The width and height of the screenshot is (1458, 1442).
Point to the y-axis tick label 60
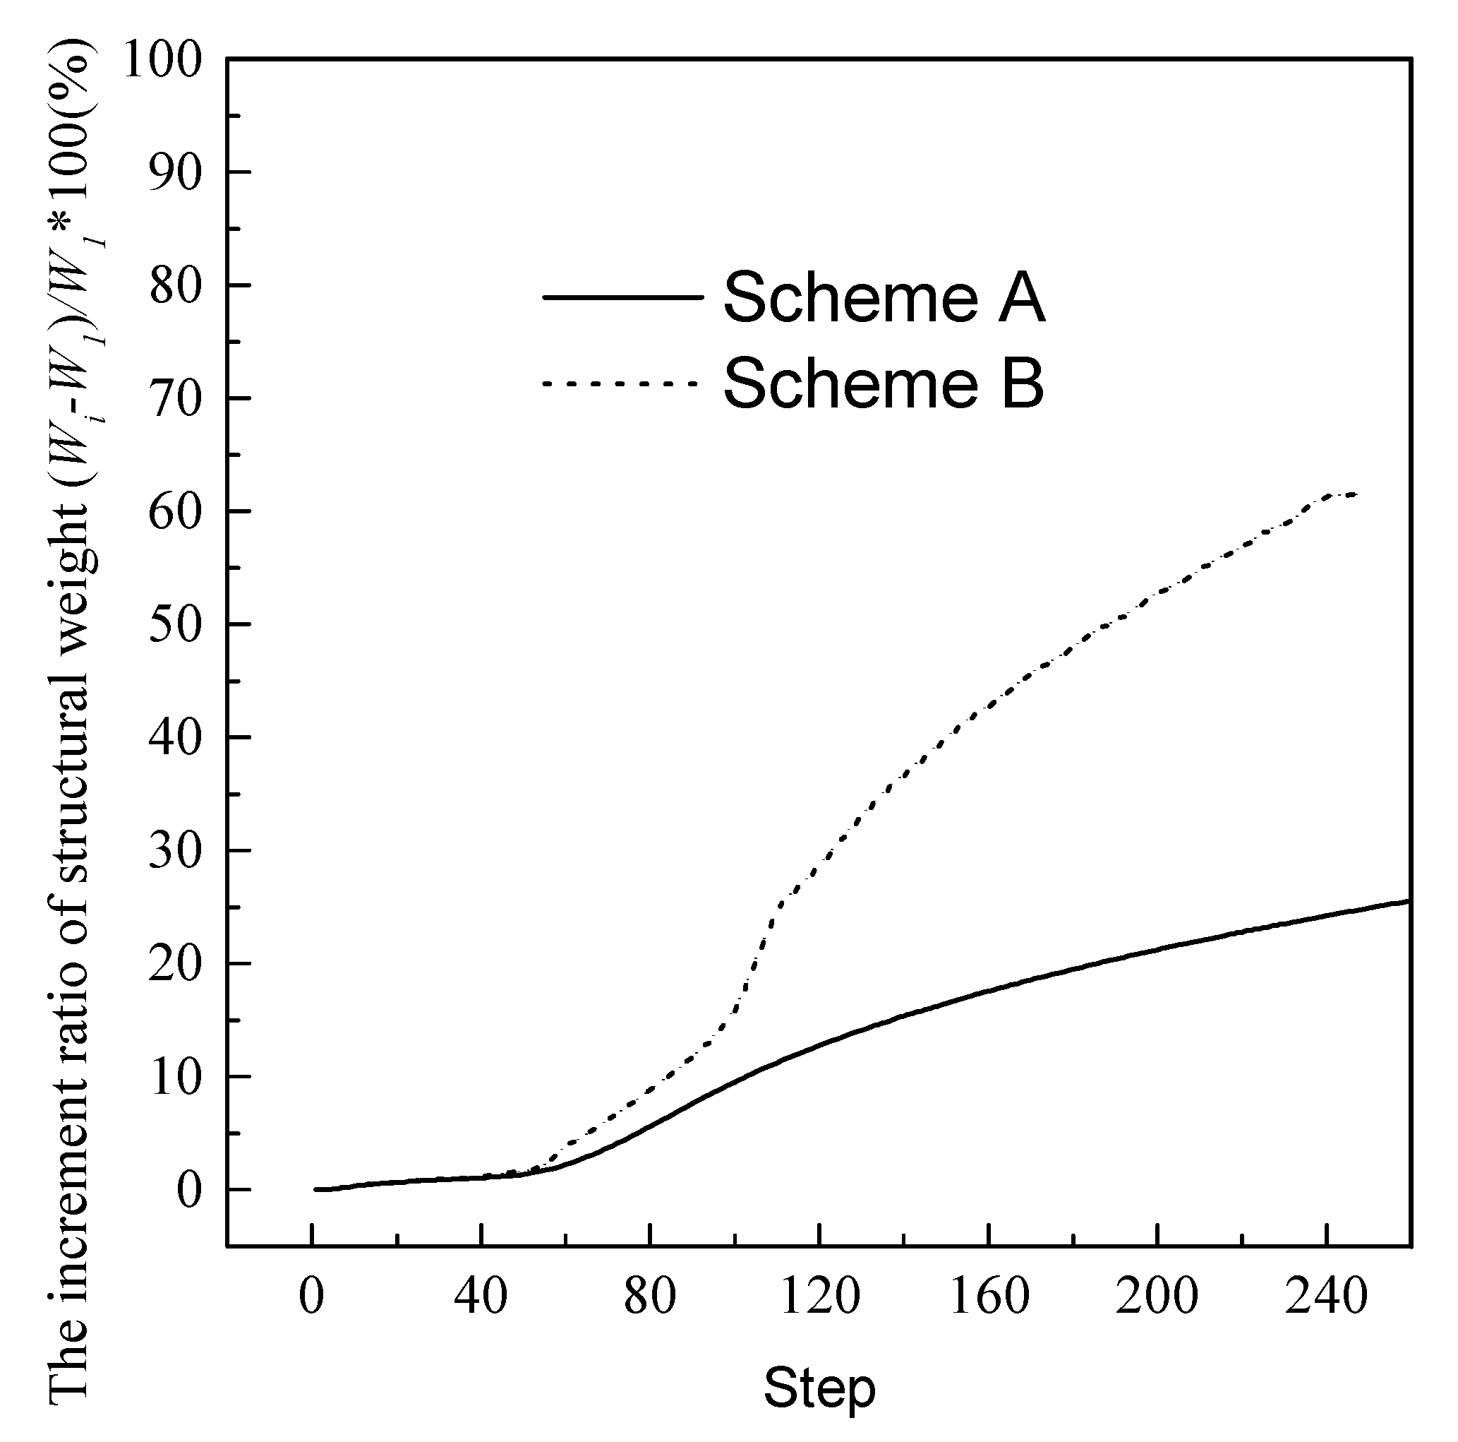176,513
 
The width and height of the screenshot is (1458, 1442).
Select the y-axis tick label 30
176,852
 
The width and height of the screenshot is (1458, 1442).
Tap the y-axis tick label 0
189,1191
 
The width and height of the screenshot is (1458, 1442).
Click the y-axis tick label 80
176,286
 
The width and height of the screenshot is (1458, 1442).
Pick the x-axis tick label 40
481,1297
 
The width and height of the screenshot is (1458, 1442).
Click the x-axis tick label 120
819,1297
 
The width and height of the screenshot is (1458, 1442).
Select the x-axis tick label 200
1157,1297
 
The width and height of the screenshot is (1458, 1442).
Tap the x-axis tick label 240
1326,1297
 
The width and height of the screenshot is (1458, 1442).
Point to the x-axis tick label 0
312,1297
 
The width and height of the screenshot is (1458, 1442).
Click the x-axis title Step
819,1388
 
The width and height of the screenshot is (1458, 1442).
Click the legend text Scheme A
884,298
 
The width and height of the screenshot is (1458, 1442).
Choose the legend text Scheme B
884,383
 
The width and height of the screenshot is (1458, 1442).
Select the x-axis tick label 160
988,1297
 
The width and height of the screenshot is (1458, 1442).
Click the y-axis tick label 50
176,626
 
